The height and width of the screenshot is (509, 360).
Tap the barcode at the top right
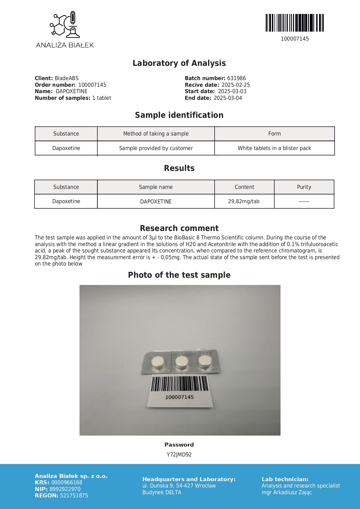pyautogui.click(x=294, y=23)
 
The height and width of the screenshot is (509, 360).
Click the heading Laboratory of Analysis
pyautogui.click(x=179, y=63)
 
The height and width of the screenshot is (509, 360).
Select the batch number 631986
pyautogui.click(x=236, y=78)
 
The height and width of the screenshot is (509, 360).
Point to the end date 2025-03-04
pyautogui.click(x=228, y=98)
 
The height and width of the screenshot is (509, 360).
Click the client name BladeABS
pyautogui.click(x=67, y=78)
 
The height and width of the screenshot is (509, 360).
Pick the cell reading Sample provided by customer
pyautogui.click(x=156, y=148)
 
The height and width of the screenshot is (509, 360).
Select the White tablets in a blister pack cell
pyautogui.click(x=274, y=148)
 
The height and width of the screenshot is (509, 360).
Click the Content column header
pyautogui.click(x=244, y=187)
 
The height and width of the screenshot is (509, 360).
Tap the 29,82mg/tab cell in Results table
pyautogui.click(x=244, y=201)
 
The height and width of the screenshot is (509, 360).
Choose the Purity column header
pyautogui.click(x=304, y=187)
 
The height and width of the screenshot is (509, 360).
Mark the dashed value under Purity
pyautogui.click(x=304, y=201)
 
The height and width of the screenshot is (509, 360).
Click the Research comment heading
pyautogui.click(x=179, y=228)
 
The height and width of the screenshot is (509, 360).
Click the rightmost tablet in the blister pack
pyautogui.click(x=205, y=361)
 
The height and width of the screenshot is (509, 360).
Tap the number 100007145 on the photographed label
pyautogui.click(x=179, y=397)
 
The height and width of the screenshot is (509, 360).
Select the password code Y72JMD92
pyautogui.click(x=179, y=455)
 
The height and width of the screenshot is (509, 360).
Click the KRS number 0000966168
pyautogui.click(x=67, y=483)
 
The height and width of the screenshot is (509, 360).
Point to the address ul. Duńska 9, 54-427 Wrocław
pyautogui.click(x=179, y=486)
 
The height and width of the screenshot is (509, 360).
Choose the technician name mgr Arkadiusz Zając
pyautogui.click(x=287, y=492)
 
